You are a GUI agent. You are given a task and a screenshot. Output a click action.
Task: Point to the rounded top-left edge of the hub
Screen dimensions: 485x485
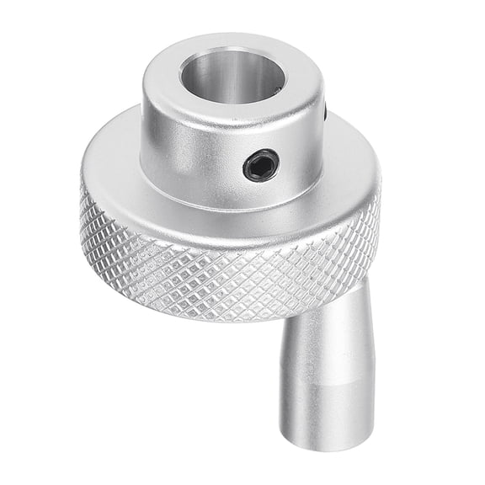coord(152,72)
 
